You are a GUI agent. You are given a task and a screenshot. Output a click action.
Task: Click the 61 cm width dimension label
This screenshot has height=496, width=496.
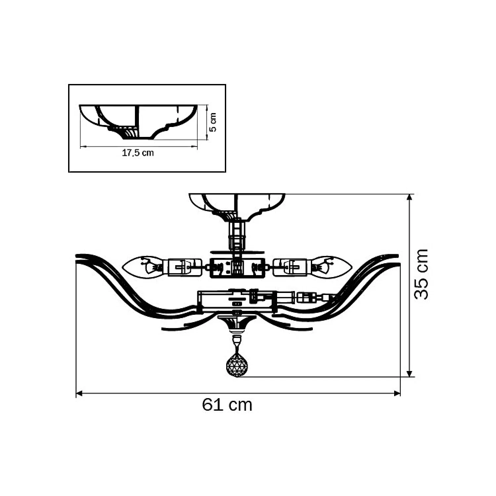227,404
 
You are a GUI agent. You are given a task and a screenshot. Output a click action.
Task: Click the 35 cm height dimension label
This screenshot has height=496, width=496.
421,274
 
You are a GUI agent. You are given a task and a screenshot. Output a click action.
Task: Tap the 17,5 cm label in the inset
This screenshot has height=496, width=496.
138,153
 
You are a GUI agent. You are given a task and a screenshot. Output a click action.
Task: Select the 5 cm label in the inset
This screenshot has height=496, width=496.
213,122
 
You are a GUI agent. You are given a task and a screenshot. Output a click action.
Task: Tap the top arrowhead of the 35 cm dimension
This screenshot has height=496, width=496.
410,197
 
